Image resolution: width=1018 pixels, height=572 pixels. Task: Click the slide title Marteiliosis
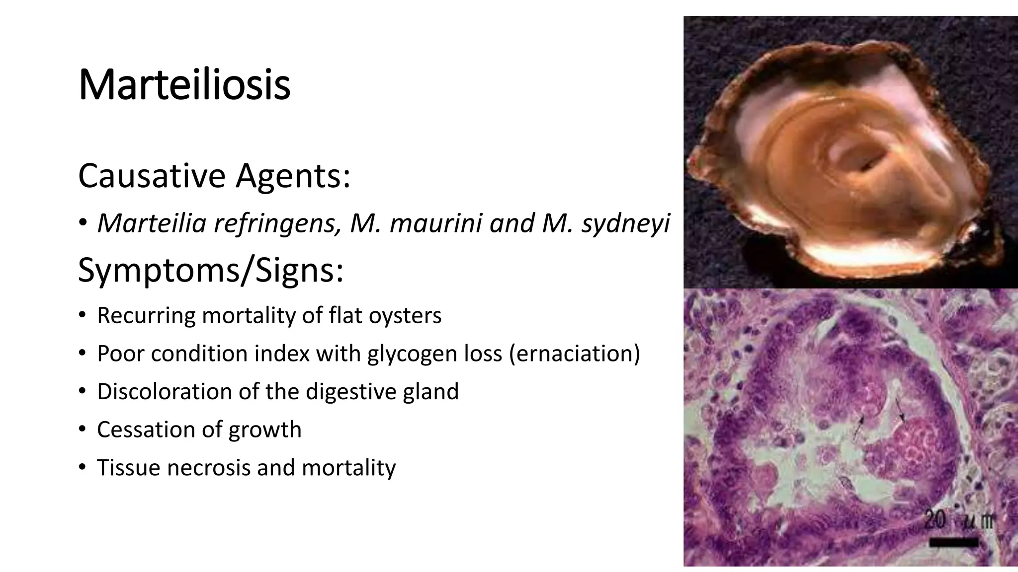(x=184, y=85)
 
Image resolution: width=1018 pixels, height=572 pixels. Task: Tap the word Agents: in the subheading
(x=293, y=177)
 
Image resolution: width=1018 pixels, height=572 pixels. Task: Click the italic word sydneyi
(x=626, y=224)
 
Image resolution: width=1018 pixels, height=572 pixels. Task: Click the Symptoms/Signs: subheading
(x=211, y=271)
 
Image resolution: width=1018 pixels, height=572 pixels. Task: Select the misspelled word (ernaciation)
(x=575, y=354)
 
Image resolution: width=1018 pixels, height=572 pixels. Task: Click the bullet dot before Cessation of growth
(x=82, y=429)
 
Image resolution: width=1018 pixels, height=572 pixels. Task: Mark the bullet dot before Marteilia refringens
(x=83, y=223)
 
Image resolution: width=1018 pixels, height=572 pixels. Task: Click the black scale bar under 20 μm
(x=953, y=542)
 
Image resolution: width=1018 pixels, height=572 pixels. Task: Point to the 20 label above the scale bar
(x=935, y=521)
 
